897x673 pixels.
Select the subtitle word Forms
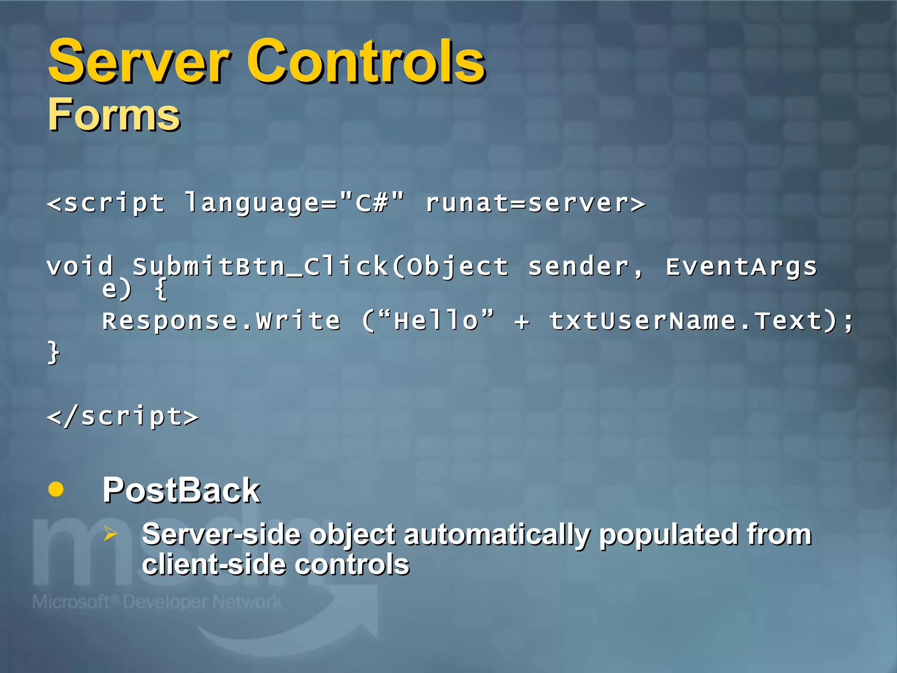click(x=114, y=115)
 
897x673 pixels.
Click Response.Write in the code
click(x=221, y=321)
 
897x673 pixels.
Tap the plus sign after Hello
click(x=522, y=322)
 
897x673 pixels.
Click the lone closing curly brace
click(x=53, y=353)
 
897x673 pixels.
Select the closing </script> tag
click(x=123, y=416)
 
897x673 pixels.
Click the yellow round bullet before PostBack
click(x=56, y=489)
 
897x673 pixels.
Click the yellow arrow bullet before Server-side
click(x=110, y=533)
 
